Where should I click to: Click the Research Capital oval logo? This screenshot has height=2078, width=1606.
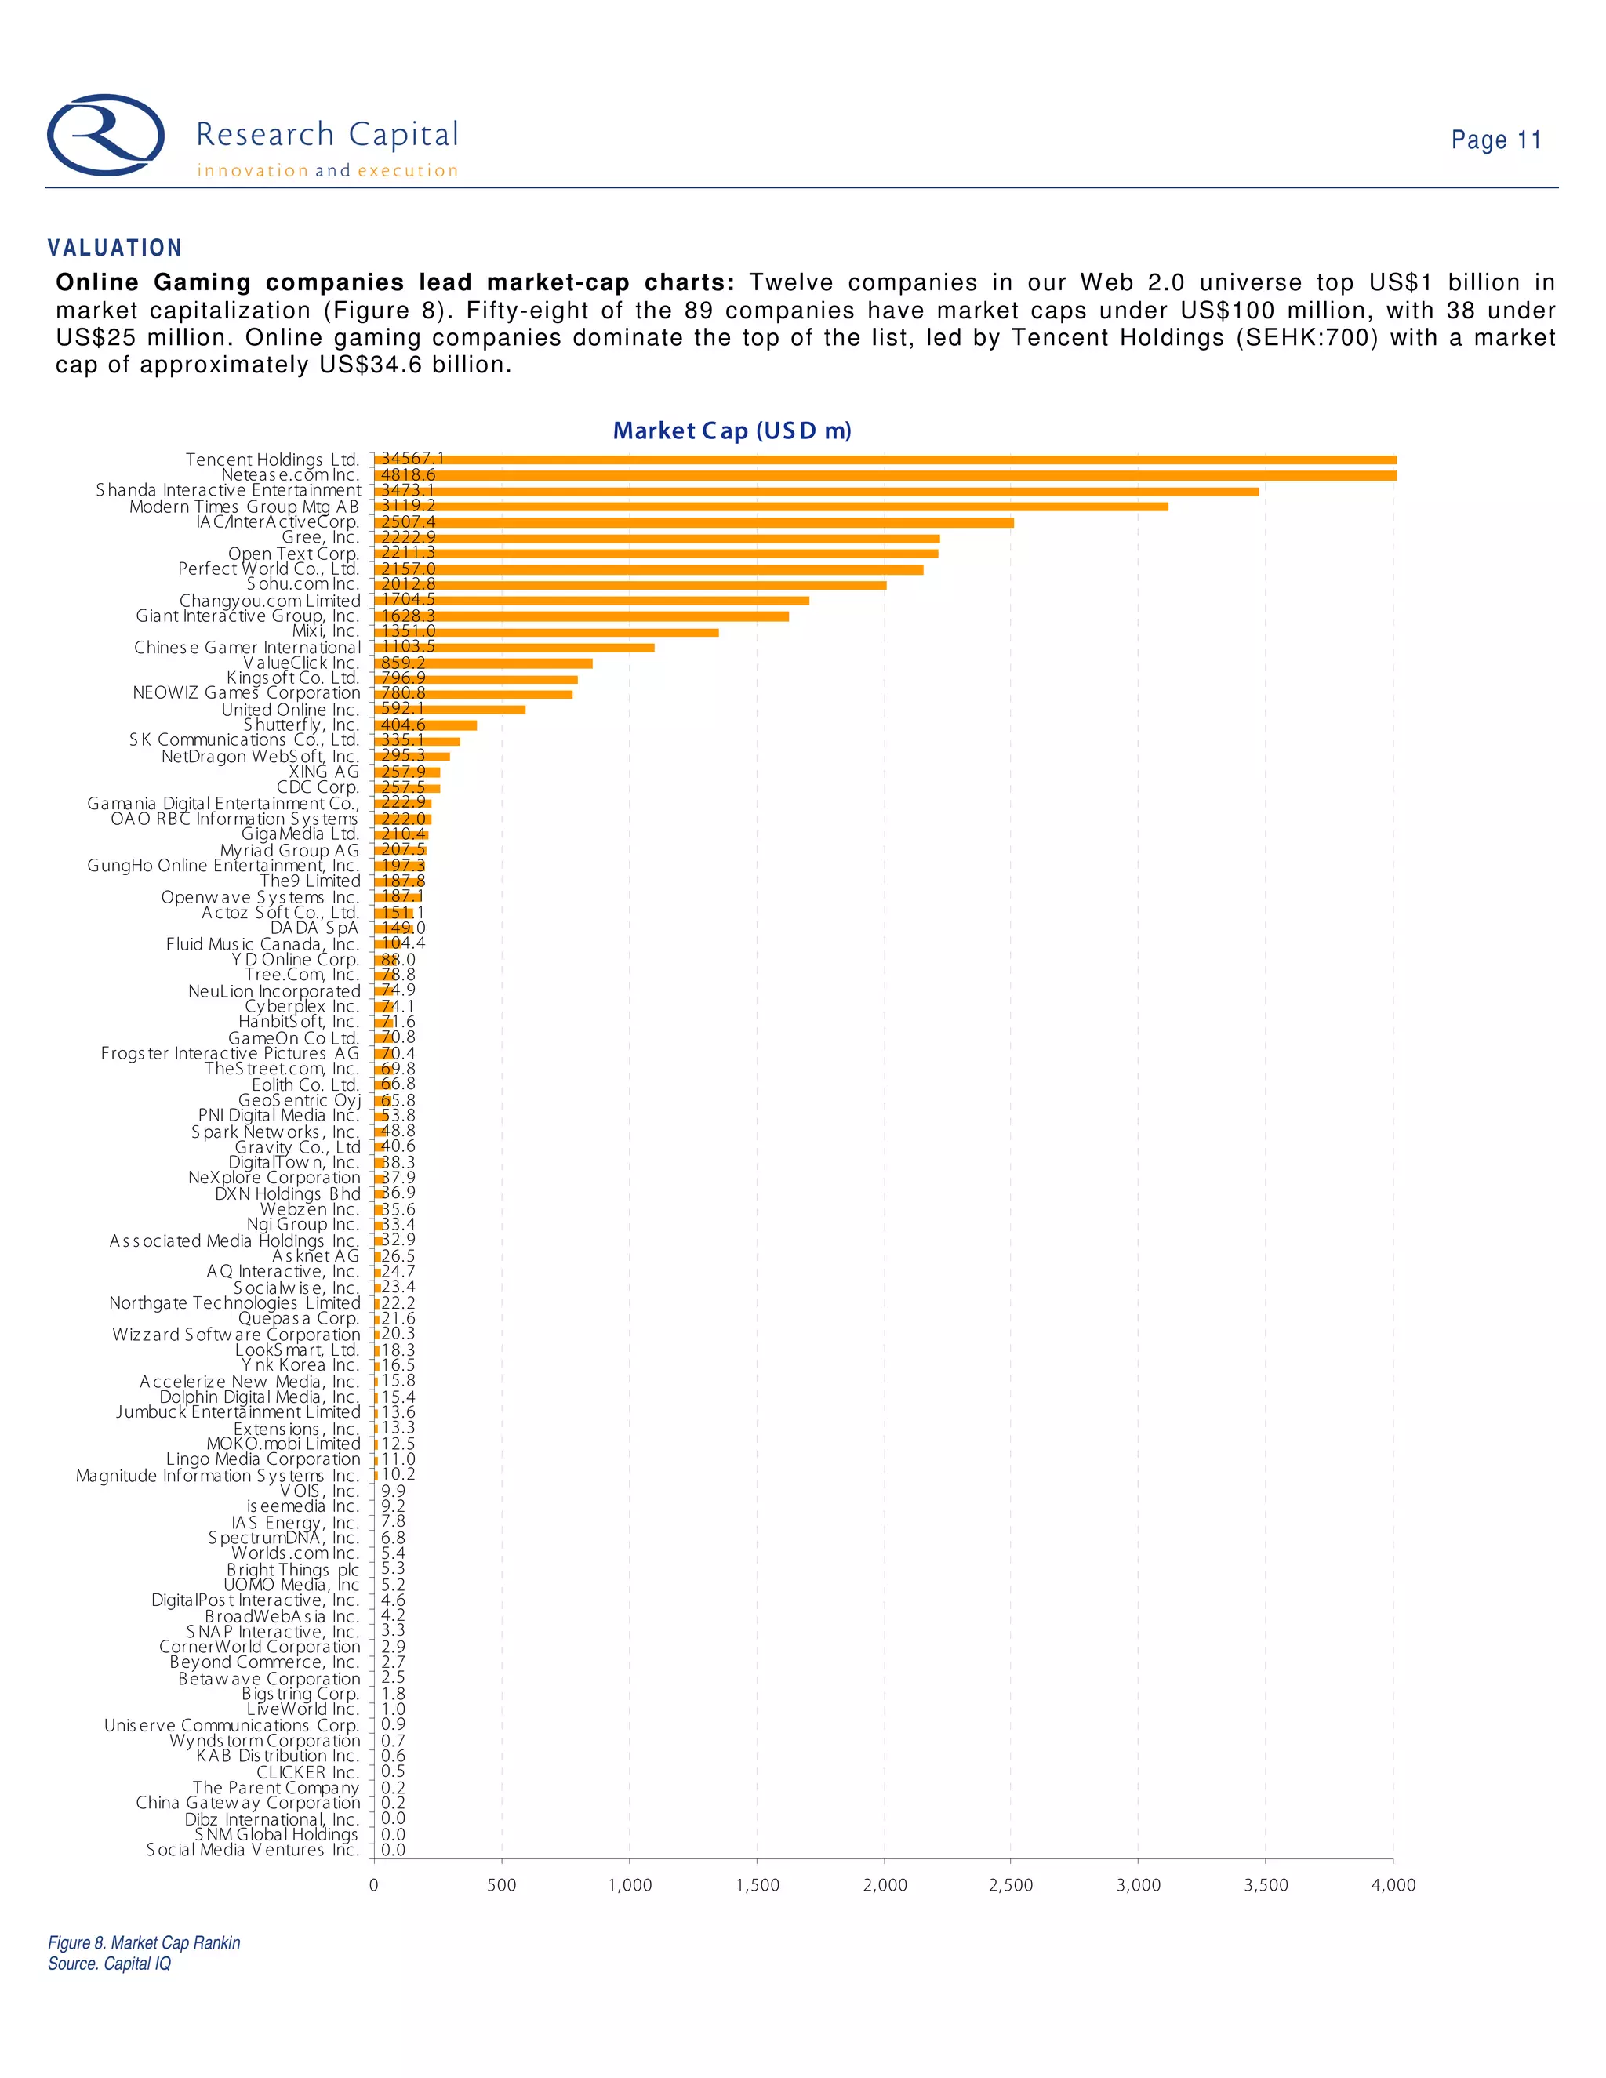click(x=106, y=135)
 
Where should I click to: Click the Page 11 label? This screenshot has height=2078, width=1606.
click(x=1495, y=140)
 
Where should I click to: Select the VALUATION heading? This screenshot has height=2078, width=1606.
click(x=115, y=249)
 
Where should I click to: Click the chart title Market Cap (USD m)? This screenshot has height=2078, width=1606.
click(x=732, y=431)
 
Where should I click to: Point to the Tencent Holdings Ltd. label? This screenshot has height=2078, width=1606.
click(x=272, y=460)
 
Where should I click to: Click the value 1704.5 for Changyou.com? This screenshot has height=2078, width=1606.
click(x=408, y=599)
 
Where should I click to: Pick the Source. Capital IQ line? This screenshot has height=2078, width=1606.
click(x=110, y=1964)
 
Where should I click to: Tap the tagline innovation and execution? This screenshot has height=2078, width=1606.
click(x=327, y=171)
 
